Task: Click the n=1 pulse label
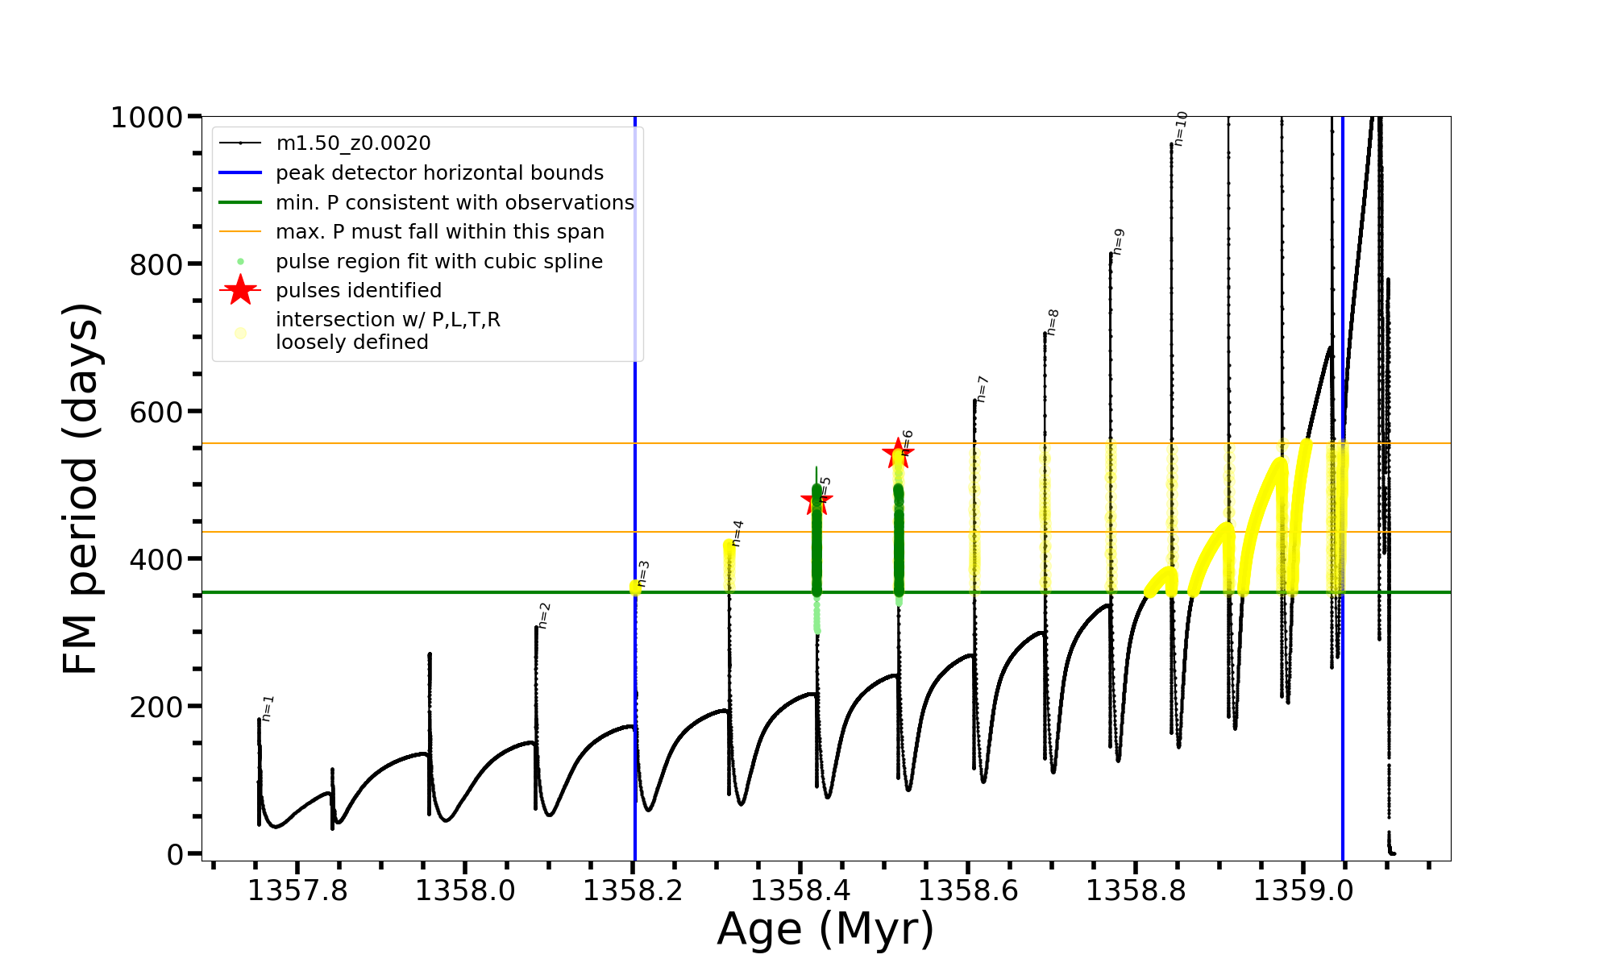tap(268, 708)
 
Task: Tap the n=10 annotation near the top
tap(1180, 129)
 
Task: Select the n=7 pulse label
tap(983, 389)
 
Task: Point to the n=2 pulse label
tap(544, 616)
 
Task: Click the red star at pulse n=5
tap(816, 500)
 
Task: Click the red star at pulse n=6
tap(898, 454)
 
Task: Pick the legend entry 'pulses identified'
tap(359, 291)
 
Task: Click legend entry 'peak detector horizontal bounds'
tap(439, 173)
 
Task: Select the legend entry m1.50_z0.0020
tap(353, 143)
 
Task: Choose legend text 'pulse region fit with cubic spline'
tap(439, 262)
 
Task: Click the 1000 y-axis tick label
tap(146, 118)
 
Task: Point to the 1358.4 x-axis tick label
tap(800, 890)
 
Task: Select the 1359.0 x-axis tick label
tap(1304, 890)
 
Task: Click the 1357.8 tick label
tap(297, 890)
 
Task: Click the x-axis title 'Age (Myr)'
tap(825, 929)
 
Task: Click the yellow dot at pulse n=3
tap(636, 587)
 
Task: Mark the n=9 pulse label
tap(1118, 242)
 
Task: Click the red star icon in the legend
tap(240, 290)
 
